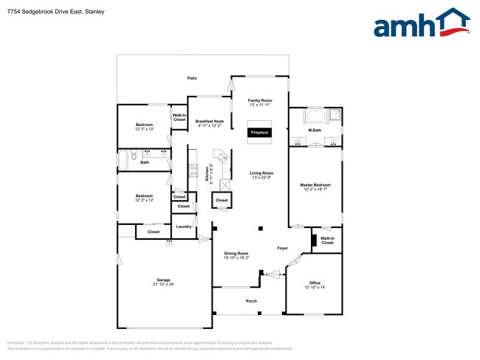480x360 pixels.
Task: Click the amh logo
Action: pos(422,24)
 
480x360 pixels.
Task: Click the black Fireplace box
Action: pos(260,133)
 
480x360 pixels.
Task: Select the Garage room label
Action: pos(163,280)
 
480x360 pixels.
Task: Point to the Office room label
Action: pos(315,283)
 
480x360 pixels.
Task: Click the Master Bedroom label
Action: pos(315,184)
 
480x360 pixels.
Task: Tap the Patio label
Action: pos(192,77)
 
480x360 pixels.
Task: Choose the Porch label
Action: pos(251,301)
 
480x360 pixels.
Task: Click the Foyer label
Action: pos(282,248)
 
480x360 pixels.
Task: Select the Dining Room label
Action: pos(237,253)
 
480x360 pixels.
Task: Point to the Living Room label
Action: pos(262,173)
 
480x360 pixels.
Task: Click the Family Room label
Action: pos(260,100)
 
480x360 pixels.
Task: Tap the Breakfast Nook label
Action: pos(209,121)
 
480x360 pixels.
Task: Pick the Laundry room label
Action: pos(184,226)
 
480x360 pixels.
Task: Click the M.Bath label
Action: pos(315,131)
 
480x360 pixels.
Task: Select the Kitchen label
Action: pos(207,173)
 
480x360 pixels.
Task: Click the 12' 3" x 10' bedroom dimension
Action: pos(144,130)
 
